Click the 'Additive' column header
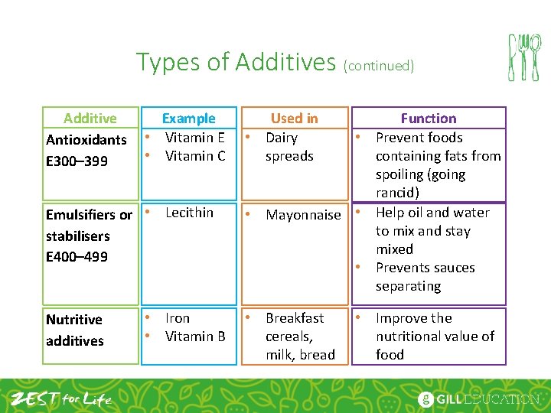click(90, 119)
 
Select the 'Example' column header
click(188, 119)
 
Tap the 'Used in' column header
click(294, 119)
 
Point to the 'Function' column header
click(428, 119)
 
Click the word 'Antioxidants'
click(86, 140)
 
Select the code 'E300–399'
click(77, 161)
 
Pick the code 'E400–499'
click(77, 256)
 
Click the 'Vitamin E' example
click(194, 138)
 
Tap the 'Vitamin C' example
click(194, 156)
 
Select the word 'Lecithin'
click(189, 213)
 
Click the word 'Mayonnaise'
click(303, 215)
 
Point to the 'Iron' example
click(178, 318)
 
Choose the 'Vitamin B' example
click(194, 337)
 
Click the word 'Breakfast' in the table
click(295, 318)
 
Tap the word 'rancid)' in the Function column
click(397, 193)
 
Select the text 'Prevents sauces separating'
click(425, 277)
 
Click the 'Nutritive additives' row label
click(75, 330)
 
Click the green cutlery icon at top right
click(524, 57)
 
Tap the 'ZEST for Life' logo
click(61, 398)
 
